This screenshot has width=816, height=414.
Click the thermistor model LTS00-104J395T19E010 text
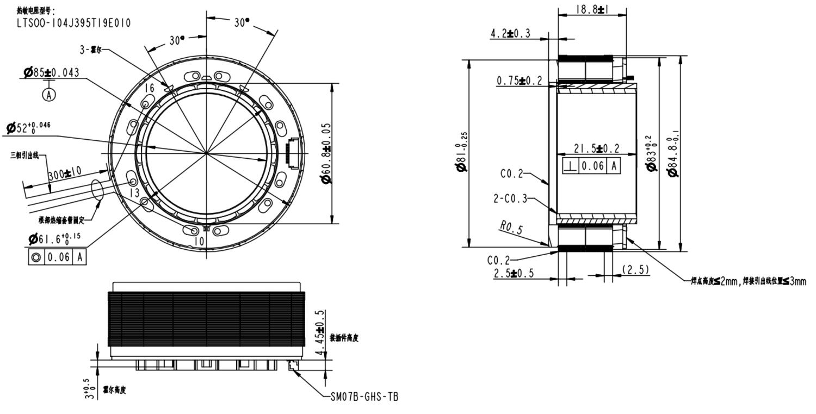coord(73,23)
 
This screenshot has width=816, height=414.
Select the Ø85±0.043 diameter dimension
coord(51,72)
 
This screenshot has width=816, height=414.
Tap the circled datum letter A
coord(49,95)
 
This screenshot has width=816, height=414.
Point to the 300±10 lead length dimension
coord(64,174)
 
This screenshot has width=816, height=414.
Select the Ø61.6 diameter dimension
coord(54,238)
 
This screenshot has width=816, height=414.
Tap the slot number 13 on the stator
coord(134,193)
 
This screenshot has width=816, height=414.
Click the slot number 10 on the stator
coord(199,240)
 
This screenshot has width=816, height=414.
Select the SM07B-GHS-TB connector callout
coord(364,397)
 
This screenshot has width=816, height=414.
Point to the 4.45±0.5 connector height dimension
coord(320,333)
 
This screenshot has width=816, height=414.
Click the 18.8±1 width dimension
coord(592,9)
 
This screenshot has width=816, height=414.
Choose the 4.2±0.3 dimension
coord(510,34)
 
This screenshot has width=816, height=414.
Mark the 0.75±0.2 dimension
coord(520,81)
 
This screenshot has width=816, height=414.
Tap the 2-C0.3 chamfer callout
coord(510,199)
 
